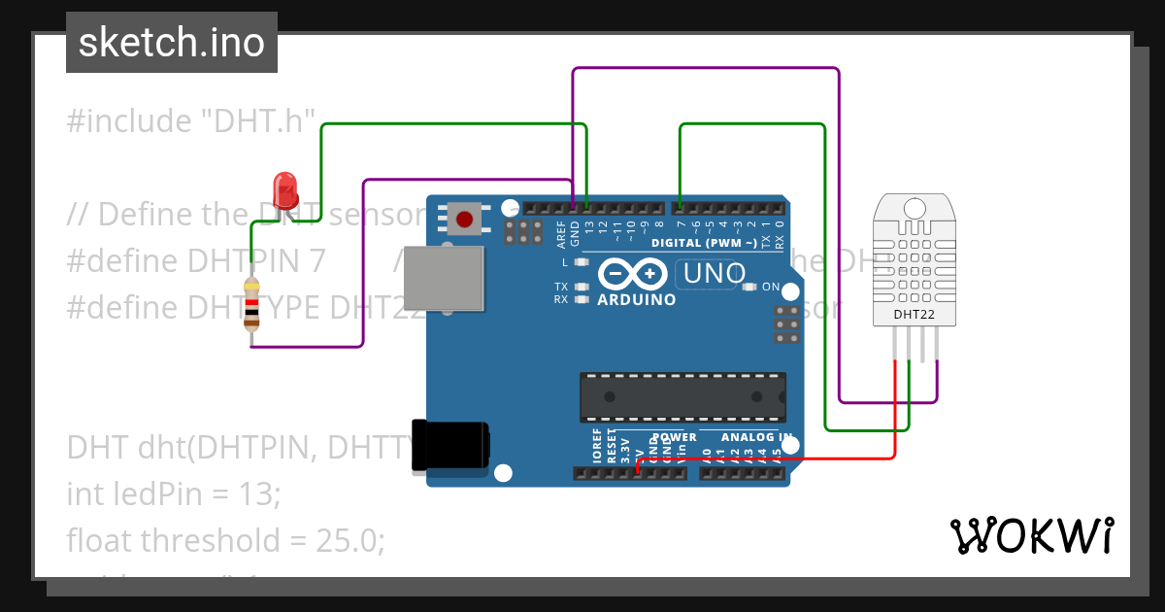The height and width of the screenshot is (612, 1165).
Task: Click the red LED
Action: tap(284, 188)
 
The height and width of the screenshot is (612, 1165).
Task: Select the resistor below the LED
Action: tap(252, 304)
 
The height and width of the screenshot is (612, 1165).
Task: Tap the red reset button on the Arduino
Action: tap(464, 219)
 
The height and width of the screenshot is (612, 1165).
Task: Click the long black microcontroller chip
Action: tap(682, 396)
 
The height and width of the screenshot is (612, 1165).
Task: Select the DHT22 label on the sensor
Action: tap(913, 315)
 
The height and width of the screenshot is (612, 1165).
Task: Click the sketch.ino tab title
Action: tap(172, 43)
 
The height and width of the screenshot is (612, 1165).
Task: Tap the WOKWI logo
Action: tap(1032, 535)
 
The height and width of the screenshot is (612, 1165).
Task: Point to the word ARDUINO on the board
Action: tap(636, 300)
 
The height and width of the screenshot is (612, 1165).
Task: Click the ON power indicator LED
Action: tap(749, 287)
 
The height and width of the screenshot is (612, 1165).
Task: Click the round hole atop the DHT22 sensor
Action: tap(914, 208)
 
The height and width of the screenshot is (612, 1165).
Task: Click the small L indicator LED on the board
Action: tap(582, 262)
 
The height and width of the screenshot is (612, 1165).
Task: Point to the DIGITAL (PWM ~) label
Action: tap(705, 242)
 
